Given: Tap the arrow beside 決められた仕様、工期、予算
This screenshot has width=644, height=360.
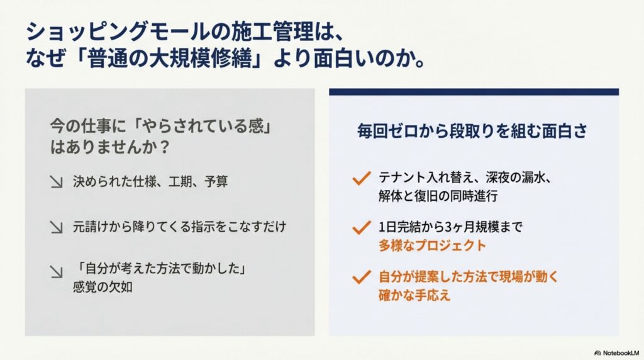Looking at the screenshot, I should (x=57, y=183).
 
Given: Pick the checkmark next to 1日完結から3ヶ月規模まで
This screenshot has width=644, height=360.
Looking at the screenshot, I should (x=361, y=227).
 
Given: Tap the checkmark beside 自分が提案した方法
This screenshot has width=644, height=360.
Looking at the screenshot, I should (x=361, y=276).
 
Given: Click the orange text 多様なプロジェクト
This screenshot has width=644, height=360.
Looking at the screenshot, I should (x=432, y=245).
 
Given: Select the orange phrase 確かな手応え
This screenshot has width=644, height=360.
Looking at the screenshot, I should (x=414, y=295).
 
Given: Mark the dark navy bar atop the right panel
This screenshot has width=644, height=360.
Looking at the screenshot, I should (x=474, y=92).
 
